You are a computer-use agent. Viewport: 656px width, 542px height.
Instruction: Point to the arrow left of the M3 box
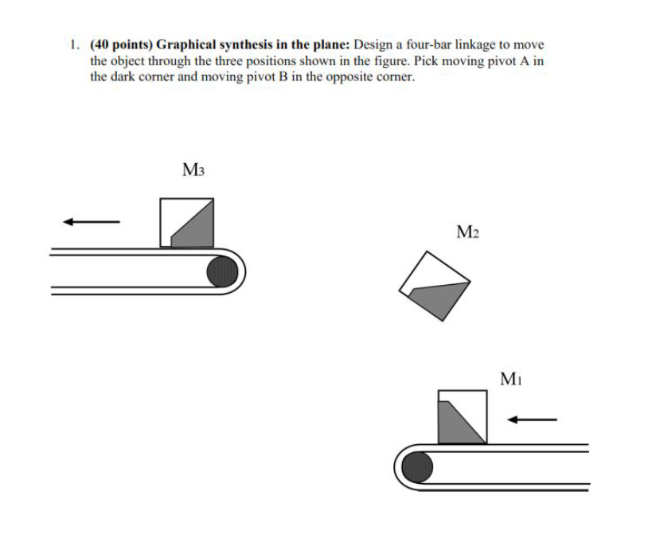pyautogui.click(x=92, y=222)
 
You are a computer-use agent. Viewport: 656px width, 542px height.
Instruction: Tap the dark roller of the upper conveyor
pyautogui.click(x=222, y=271)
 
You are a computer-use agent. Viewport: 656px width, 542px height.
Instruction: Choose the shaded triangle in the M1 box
pyautogui.click(x=457, y=422)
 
